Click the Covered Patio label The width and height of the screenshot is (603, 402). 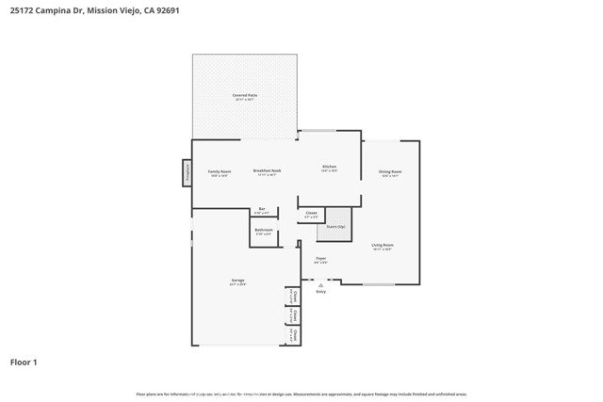point(245,96)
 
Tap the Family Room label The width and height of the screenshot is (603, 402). point(220,171)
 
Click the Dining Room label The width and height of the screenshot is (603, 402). point(390,171)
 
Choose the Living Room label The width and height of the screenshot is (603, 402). point(383,245)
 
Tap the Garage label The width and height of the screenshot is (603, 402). point(237,281)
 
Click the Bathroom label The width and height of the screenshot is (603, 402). point(264,230)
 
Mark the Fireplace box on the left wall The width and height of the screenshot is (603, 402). point(187,172)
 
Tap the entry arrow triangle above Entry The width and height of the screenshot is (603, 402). point(320,285)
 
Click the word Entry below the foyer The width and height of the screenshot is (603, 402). point(320,292)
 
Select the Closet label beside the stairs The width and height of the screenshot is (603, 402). point(312,214)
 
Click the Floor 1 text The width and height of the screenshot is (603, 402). point(24,362)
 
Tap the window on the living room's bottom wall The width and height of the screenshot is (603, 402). point(379,283)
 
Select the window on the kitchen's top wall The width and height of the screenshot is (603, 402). point(318,131)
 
